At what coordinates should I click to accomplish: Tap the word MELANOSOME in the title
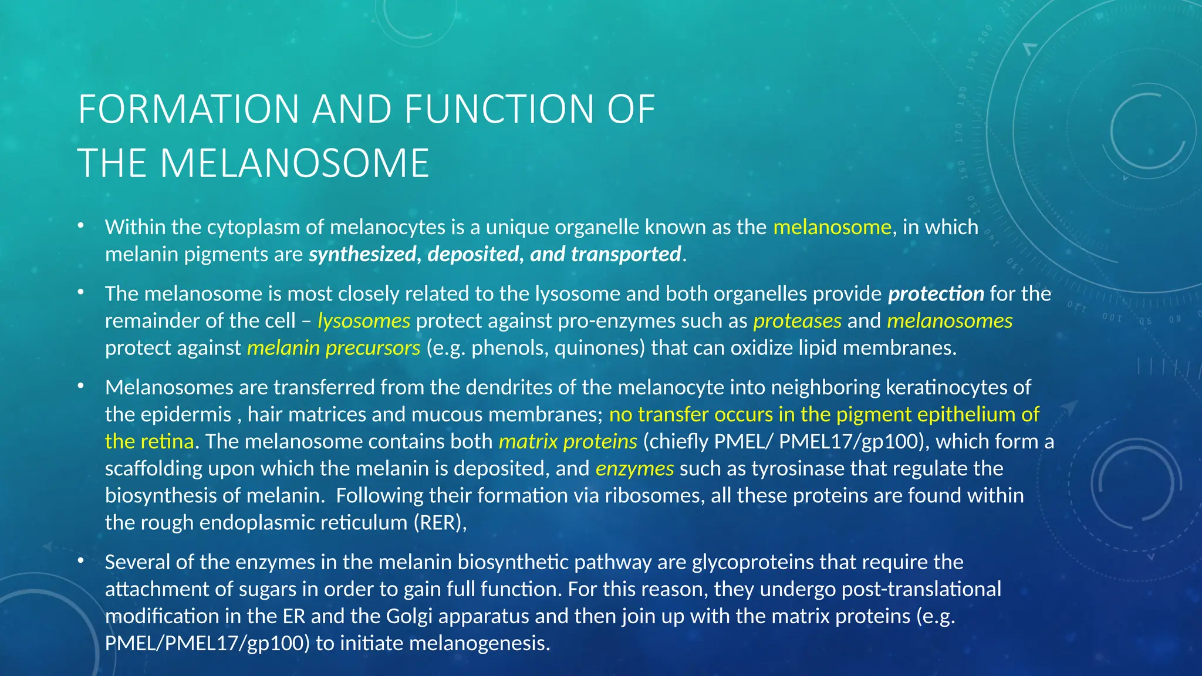tap(295, 163)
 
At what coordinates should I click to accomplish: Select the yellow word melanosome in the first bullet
tap(832, 227)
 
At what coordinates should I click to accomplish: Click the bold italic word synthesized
tap(362, 254)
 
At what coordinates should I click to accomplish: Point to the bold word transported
tap(626, 254)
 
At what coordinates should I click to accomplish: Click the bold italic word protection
tap(936, 293)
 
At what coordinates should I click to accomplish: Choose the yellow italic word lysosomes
tap(363, 321)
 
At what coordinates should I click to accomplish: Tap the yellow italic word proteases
tap(797, 321)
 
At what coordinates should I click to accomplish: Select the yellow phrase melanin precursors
tap(333, 348)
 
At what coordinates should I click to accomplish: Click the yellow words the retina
tap(149, 441)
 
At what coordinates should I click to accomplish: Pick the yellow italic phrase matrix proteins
tap(568, 441)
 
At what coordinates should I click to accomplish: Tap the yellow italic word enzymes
tap(634, 468)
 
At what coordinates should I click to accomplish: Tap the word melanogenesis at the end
tap(479, 643)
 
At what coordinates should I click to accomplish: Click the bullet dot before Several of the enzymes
tap(81, 562)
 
